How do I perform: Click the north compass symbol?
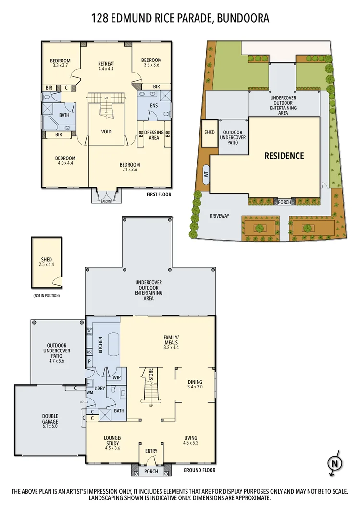click(x=334, y=464)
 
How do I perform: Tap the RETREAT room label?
click(x=106, y=66)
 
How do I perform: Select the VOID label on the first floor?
click(x=107, y=131)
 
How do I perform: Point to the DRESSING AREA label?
click(x=154, y=135)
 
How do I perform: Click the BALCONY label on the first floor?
click(x=106, y=201)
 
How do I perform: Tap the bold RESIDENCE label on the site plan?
click(x=284, y=156)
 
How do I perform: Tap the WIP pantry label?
click(x=116, y=377)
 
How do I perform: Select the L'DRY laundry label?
click(x=99, y=388)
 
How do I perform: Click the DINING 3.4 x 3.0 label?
click(x=195, y=385)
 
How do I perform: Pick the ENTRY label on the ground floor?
click(x=151, y=451)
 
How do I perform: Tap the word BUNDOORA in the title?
click(x=243, y=19)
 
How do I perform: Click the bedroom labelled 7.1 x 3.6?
click(x=130, y=168)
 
